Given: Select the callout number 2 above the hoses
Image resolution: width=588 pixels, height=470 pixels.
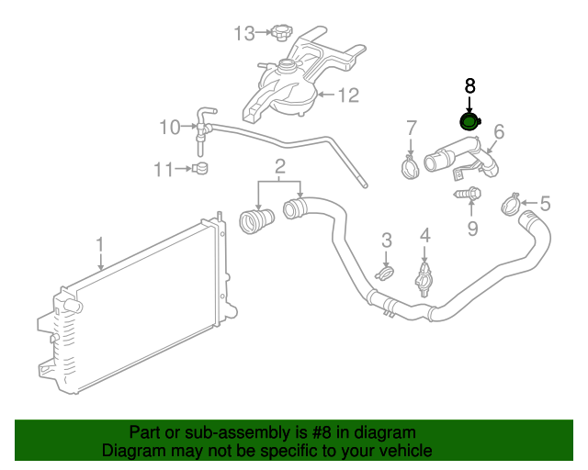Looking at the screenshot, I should coord(279,167).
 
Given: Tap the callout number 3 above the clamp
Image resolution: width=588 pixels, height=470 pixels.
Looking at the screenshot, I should coord(387,241).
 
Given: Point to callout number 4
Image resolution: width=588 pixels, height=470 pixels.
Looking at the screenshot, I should coord(424,237).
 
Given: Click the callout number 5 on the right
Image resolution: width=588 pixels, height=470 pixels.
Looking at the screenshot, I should coord(545,204).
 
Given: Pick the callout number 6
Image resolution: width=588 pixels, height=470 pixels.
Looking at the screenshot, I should coord(499,131).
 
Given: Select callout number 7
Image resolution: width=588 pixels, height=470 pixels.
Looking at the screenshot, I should coord(412,128).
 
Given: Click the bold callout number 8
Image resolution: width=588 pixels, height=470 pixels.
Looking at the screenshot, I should coord(469,86).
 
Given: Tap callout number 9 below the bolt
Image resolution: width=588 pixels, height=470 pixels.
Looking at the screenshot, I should coord(472,228).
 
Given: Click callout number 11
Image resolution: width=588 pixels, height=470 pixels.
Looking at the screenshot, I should coord(164,169).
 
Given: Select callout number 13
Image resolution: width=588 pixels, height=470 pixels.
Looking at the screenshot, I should coord(243,34).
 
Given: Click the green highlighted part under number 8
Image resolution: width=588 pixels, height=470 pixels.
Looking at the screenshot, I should coord(469,123).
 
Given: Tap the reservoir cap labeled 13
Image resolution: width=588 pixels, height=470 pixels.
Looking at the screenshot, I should coord(282,34).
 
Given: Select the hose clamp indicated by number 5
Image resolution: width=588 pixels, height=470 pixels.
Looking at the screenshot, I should coord(511,204).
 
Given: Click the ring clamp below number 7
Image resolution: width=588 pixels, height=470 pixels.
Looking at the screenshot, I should coord(410,167).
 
